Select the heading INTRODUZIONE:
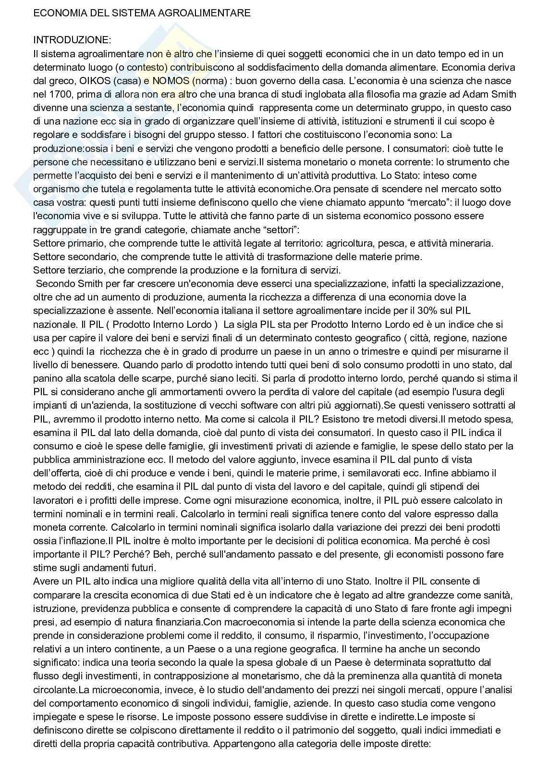[x=72, y=40]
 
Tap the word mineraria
[x=471, y=243]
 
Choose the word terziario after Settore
[x=87, y=270]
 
